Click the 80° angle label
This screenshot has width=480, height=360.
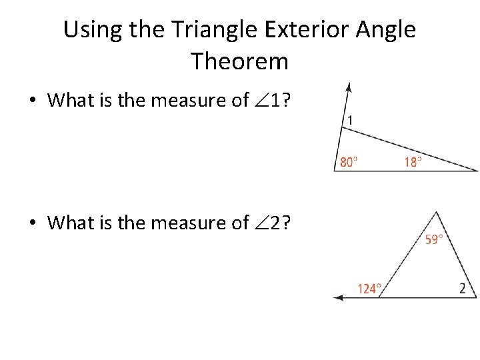pos(349,162)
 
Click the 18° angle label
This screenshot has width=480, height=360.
pos(413,162)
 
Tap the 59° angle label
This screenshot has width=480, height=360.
pos(435,239)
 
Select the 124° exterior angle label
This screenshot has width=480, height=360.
pos(369,289)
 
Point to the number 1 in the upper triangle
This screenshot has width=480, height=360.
pos(349,120)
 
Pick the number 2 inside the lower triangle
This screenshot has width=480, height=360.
pos(462,288)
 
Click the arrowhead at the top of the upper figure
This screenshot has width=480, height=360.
pos(349,87)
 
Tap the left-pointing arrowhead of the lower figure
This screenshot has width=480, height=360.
pos(338,297)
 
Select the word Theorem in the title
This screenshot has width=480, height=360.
pos(240,61)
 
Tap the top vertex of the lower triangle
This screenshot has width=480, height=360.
pos(437,212)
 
